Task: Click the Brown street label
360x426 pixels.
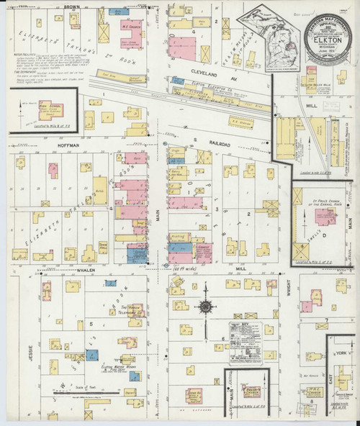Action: coord(71,6)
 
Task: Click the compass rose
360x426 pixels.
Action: coord(205,307)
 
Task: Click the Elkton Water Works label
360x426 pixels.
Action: coord(119,368)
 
